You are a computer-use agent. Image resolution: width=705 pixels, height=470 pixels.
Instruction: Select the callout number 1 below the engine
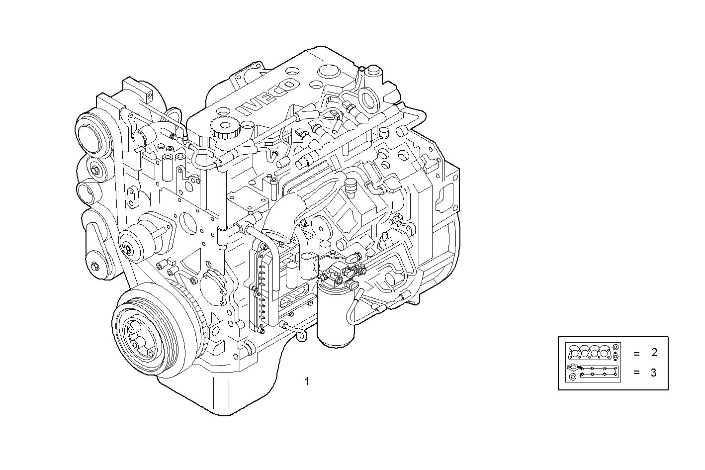click(x=307, y=381)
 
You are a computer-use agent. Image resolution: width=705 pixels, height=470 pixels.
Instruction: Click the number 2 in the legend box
click(x=654, y=353)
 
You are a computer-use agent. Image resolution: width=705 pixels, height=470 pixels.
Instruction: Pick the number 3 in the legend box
click(x=654, y=373)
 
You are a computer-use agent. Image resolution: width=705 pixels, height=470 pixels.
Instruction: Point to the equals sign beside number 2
click(x=636, y=354)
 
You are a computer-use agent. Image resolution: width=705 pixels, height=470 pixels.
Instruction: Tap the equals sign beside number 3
click(x=636, y=373)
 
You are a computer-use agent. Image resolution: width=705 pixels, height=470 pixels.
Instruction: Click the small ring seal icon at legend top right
click(x=616, y=347)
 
